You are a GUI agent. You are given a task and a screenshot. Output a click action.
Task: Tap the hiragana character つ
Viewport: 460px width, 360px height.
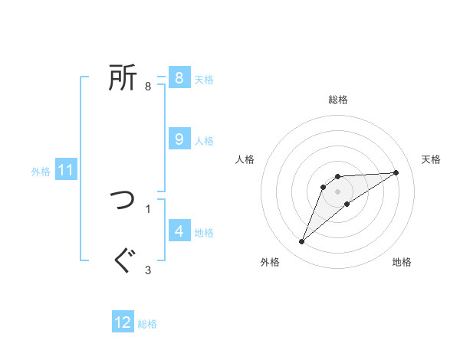pyautogui.click(x=123, y=200)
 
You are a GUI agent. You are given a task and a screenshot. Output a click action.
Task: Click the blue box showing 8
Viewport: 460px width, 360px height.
pyautogui.click(x=179, y=77)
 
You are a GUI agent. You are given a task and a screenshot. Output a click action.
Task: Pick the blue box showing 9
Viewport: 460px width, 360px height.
pyautogui.click(x=179, y=139)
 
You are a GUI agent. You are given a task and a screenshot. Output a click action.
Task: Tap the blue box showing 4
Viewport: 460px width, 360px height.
pyautogui.click(x=179, y=231)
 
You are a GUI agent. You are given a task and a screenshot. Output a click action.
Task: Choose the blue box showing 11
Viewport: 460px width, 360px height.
pyautogui.click(x=65, y=170)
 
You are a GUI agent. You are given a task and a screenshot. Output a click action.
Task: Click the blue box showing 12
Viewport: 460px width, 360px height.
pyautogui.click(x=123, y=322)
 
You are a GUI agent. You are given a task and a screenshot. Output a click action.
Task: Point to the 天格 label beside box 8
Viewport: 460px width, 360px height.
pyautogui.click(x=204, y=79)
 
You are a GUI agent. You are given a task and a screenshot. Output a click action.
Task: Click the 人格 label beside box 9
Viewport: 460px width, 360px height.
pyautogui.click(x=204, y=141)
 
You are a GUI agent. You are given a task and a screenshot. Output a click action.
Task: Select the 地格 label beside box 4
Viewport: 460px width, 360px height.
pyautogui.click(x=204, y=233)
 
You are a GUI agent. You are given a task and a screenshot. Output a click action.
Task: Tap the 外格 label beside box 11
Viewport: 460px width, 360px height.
pyautogui.click(x=41, y=172)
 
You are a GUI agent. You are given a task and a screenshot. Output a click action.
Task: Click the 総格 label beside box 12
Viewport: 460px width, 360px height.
pyautogui.click(x=147, y=324)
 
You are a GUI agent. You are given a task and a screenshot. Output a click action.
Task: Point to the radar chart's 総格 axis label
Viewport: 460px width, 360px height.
pyautogui.click(x=338, y=100)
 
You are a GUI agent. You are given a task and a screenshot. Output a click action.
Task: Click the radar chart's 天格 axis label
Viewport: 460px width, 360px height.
pyautogui.click(x=431, y=159)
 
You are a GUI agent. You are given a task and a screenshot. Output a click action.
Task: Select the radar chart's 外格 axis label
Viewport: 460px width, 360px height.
pyautogui.click(x=270, y=262)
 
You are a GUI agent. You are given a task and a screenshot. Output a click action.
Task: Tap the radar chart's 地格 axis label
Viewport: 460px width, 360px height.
pyautogui.click(x=402, y=262)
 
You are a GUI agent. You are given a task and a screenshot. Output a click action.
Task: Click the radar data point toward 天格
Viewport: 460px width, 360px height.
pyautogui.click(x=396, y=172)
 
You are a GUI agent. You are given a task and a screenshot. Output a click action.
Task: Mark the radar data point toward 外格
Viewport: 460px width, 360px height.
pyautogui.click(x=302, y=242)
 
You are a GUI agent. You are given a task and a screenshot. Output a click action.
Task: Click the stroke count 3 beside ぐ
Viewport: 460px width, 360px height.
pyautogui.click(x=148, y=270)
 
